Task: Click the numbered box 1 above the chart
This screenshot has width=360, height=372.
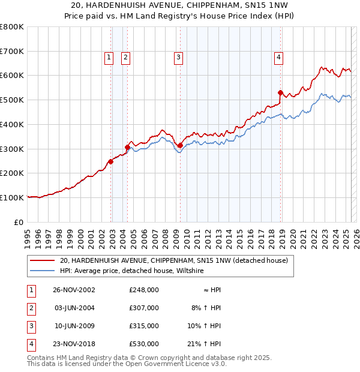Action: (x=109, y=58)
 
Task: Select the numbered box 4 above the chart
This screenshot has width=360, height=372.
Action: (x=279, y=58)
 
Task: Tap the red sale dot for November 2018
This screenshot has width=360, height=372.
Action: (x=280, y=92)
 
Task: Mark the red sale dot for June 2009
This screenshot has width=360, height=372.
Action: (x=180, y=145)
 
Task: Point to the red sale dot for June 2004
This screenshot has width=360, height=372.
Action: (x=127, y=147)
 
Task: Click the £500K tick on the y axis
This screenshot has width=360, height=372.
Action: (x=13, y=100)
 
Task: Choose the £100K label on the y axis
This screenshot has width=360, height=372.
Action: (x=13, y=197)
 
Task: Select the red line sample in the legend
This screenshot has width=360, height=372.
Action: (x=42, y=260)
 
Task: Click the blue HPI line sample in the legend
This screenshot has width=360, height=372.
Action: (x=42, y=271)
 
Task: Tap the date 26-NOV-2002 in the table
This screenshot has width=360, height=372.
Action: (x=74, y=290)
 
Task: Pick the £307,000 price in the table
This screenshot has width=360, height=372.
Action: (x=144, y=308)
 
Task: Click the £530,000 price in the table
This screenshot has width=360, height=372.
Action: (x=144, y=344)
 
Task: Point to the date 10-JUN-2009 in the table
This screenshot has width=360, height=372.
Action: (x=74, y=326)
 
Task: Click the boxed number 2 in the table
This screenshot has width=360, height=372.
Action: (x=31, y=308)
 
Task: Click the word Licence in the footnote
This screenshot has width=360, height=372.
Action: (x=196, y=364)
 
